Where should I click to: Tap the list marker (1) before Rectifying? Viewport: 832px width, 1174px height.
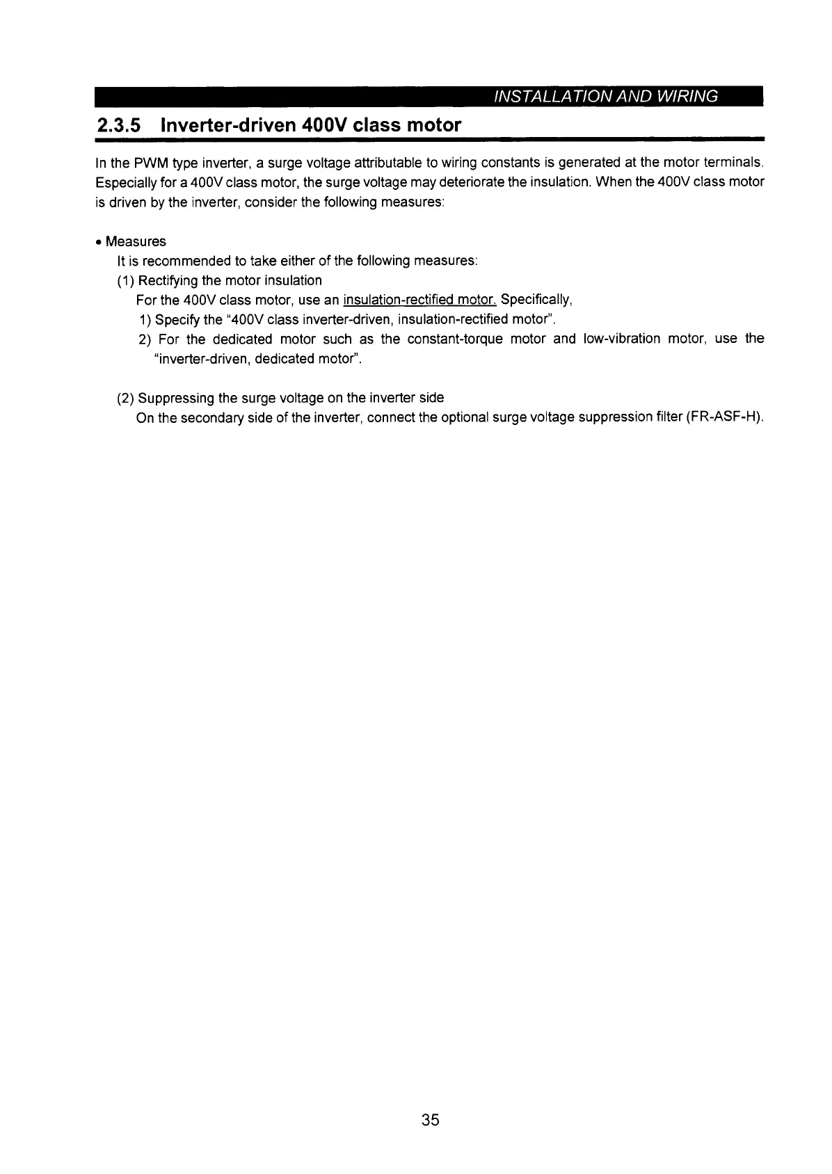pos(126,281)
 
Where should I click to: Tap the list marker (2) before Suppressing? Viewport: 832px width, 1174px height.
pos(126,399)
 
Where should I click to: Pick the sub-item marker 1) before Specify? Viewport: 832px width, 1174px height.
pos(145,320)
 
